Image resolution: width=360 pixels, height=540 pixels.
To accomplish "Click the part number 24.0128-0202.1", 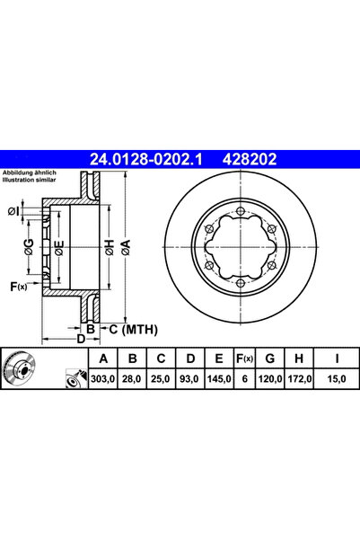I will pyautogui.click(x=148, y=159).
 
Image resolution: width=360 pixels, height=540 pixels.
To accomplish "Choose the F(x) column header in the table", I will pyautogui.click(x=242, y=360).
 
